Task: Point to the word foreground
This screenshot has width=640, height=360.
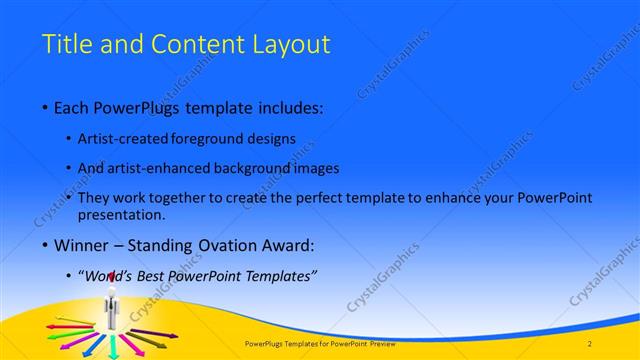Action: (226, 140)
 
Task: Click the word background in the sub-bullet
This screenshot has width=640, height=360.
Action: (260, 169)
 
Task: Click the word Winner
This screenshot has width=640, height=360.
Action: (83, 245)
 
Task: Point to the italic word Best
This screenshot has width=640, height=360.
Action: (156, 275)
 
